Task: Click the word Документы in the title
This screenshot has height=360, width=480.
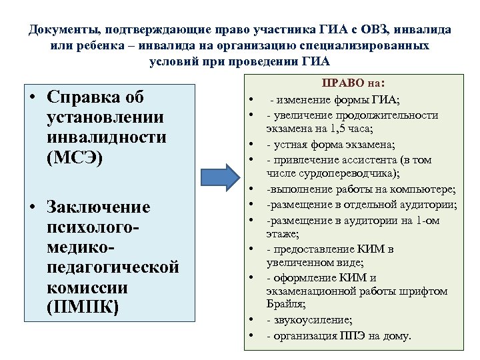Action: [59, 30]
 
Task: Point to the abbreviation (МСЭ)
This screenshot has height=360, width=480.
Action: [75, 160]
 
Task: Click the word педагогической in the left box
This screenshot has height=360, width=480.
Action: [113, 267]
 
